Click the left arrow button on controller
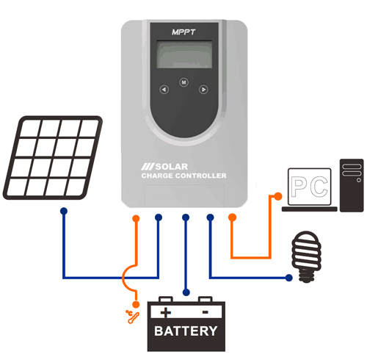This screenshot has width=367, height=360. pyautogui.click(x=164, y=90)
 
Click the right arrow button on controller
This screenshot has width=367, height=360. pyautogui.click(x=204, y=90)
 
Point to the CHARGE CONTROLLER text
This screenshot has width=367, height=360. pyautogui.click(x=183, y=177)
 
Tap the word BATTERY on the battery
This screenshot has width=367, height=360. pyautogui.click(x=186, y=331)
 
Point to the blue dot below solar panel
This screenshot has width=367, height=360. pyautogui.click(x=64, y=211)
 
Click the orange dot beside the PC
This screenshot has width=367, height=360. pyautogui.click(x=277, y=195)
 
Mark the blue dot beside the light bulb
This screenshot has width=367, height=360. pyautogui.click(x=288, y=277)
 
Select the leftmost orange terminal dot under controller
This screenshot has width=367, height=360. pyautogui.click(x=136, y=218)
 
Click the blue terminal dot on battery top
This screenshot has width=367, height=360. pyautogui.click(x=186, y=292)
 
